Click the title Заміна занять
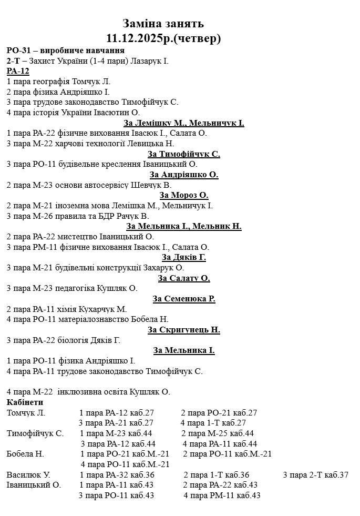[x=163, y=24]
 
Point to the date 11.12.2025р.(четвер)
[x=163, y=38]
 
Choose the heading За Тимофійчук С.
[x=184, y=154]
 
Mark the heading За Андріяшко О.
[x=184, y=175]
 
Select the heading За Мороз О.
[x=184, y=195]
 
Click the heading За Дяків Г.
[x=184, y=257]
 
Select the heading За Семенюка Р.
[x=184, y=299]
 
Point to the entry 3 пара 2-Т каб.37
[x=315, y=475]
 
